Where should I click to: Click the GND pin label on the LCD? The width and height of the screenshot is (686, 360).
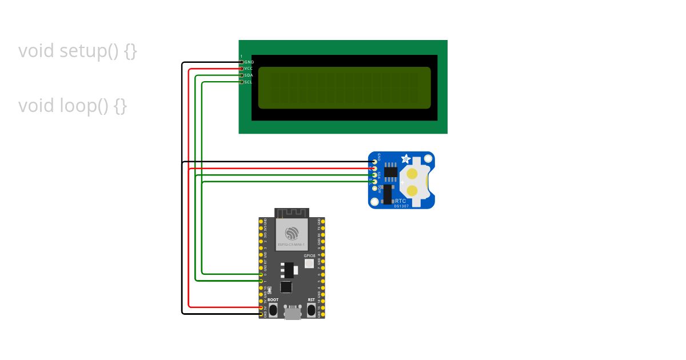(x=249, y=62)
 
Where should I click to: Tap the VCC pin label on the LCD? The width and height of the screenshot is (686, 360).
(x=249, y=69)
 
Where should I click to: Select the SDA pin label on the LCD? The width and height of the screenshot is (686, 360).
(x=249, y=75)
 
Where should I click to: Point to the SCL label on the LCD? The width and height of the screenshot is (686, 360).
(x=249, y=82)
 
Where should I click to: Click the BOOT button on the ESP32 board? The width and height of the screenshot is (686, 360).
(x=273, y=310)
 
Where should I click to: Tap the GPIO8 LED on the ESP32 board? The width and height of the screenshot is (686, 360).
(x=309, y=263)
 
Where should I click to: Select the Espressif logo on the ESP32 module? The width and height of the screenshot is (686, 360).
(x=292, y=234)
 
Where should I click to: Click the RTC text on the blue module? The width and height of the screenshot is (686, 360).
(x=401, y=201)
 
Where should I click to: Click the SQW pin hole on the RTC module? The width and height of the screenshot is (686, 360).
(x=374, y=189)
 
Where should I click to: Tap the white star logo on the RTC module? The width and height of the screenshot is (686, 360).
(x=406, y=159)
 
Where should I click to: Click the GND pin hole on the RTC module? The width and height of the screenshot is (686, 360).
(x=374, y=162)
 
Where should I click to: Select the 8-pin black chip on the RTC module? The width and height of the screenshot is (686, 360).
(x=391, y=171)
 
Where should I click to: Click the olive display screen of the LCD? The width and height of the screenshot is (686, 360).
(x=344, y=87)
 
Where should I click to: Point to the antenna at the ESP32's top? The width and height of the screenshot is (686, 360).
(x=292, y=213)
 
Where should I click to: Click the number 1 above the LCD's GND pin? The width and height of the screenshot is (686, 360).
(x=241, y=56)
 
